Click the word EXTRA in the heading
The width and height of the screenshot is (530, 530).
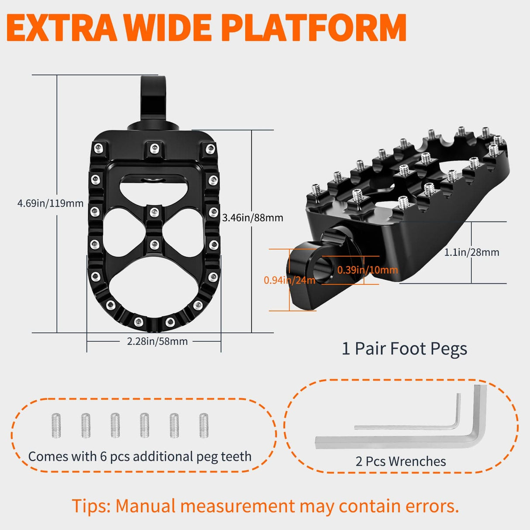coord(62,28)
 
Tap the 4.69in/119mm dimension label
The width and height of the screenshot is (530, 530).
coord(50,203)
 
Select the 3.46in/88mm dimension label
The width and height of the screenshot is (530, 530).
coord(252,218)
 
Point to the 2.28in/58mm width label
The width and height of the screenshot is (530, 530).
coord(157,341)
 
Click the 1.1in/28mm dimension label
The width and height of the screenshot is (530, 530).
coord(471,252)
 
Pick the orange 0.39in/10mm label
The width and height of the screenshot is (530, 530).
coord(367,270)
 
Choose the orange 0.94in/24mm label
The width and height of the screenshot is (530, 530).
coord(289,280)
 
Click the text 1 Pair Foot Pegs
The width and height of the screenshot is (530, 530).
coord(404,349)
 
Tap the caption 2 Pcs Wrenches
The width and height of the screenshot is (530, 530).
coord(401,461)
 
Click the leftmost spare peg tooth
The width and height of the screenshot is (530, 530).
coord(56,426)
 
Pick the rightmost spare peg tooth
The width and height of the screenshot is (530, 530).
coord(204,426)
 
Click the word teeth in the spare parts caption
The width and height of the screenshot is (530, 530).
coord(236,457)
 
